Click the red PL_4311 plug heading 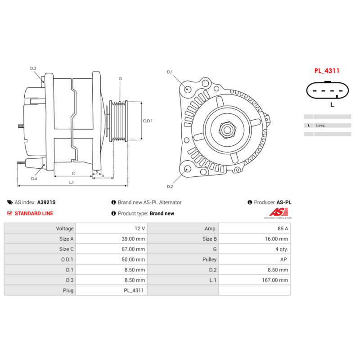pyautogui.click(x=327, y=71)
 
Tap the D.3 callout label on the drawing pyautogui.click(x=33, y=68)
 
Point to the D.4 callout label pyautogui.click(x=34, y=179)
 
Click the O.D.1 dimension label pyautogui.click(x=148, y=121)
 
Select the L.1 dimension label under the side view pyautogui.click(x=71, y=182)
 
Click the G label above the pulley pyautogui.click(x=120, y=79)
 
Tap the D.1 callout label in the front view pyautogui.click(x=170, y=72)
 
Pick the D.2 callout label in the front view pyautogui.click(x=170, y=186)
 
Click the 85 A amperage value pyautogui.click(x=283, y=229)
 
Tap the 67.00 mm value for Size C pyautogui.click(x=134, y=249)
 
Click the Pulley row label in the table pyautogui.click(x=209, y=260)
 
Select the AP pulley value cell pyautogui.click(x=284, y=260)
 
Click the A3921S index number pyautogui.click(x=46, y=202)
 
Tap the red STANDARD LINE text pyautogui.click(x=34, y=213)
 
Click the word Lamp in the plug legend pyautogui.click(x=320, y=126)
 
